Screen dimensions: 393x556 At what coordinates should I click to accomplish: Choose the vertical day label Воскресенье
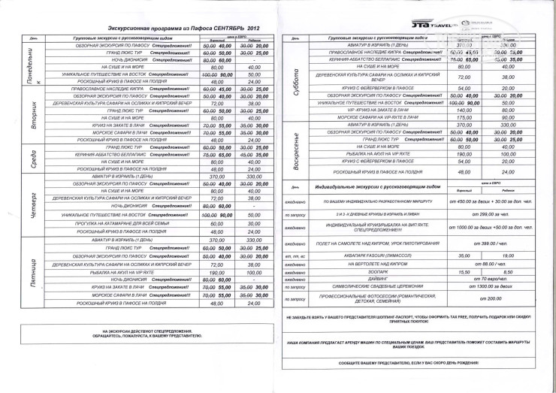coord(297,150)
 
